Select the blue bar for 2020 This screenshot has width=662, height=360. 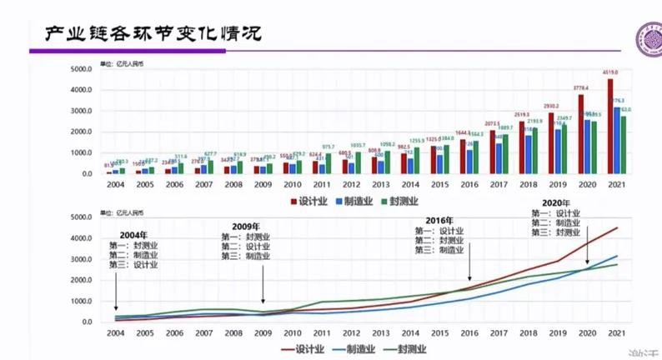click(x=588, y=147)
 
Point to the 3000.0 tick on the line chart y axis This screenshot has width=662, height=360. click(x=91, y=259)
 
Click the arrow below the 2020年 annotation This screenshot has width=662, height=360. click(x=590, y=250)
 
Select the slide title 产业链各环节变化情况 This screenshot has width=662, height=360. click(x=153, y=33)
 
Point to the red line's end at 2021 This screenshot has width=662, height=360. click(x=618, y=227)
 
